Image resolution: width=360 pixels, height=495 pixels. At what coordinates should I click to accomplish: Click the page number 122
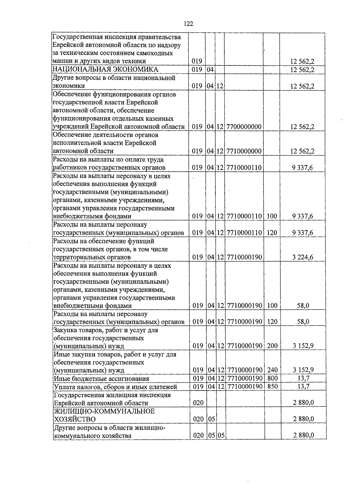(x=188, y=24)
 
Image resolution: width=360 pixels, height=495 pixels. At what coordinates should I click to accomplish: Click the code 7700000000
(x=244, y=127)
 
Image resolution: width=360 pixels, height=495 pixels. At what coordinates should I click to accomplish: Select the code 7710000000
(x=244, y=151)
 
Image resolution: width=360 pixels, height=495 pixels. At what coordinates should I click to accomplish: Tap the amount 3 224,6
(x=302, y=257)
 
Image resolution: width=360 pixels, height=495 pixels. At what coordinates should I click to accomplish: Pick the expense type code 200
(x=272, y=346)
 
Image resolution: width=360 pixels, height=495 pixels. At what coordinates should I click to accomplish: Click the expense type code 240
(x=272, y=370)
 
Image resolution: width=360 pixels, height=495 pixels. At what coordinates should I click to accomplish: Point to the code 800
(x=272, y=379)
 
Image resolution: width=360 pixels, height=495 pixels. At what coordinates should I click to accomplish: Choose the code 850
(x=272, y=387)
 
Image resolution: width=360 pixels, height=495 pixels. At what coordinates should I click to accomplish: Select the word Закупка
(x=65, y=330)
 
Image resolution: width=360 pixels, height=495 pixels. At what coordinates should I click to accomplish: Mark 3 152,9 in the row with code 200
(x=303, y=346)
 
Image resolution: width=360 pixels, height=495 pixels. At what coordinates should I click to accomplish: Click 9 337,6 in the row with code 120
(x=302, y=233)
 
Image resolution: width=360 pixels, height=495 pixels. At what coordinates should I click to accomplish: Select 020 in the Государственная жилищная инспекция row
(x=198, y=403)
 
